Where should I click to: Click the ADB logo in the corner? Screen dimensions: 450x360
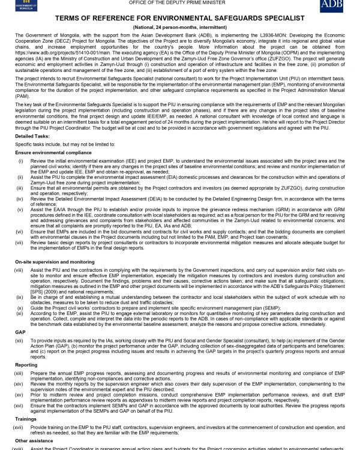click(332, 7)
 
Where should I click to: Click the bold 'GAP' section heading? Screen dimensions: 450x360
click(20, 331)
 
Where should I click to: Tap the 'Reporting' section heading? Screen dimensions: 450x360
click(26, 364)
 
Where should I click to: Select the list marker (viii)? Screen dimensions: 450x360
click(20, 271)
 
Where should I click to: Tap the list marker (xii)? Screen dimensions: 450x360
click(20, 340)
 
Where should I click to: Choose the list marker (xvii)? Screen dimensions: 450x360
click(20, 427)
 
